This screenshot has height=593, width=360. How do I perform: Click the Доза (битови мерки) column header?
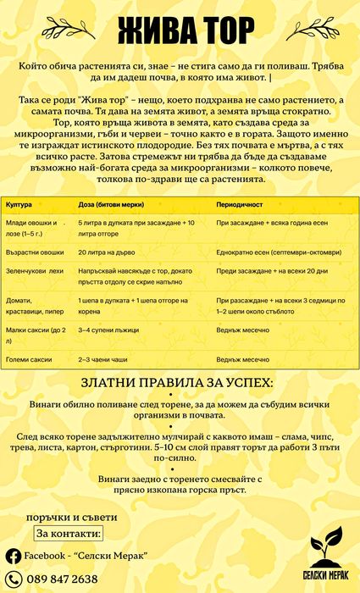click(x=111, y=205)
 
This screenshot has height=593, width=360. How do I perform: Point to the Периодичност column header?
click(x=245, y=205)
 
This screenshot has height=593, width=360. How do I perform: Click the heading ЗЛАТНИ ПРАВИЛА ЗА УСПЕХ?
click(x=180, y=383)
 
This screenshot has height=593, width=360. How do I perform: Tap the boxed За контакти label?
click(x=69, y=534)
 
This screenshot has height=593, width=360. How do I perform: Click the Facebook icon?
click(x=13, y=556)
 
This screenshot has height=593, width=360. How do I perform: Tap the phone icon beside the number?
click(x=13, y=579)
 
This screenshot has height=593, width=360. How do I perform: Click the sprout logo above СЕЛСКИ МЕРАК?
click(x=326, y=545)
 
